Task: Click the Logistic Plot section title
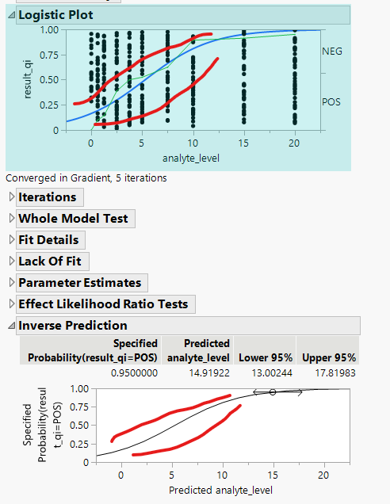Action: (x=55, y=15)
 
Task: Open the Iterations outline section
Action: (x=48, y=197)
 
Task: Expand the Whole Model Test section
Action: (x=72, y=219)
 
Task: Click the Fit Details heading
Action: (x=48, y=240)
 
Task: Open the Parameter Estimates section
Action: (x=79, y=283)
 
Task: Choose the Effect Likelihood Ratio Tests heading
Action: (x=103, y=304)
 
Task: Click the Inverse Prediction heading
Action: (x=72, y=326)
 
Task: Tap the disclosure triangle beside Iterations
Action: (x=10, y=197)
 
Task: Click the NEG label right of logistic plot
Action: (x=332, y=52)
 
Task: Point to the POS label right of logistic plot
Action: (x=331, y=102)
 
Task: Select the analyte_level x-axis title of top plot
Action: (x=191, y=158)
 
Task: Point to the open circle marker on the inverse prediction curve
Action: (x=272, y=392)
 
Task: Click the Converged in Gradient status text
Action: (x=86, y=178)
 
